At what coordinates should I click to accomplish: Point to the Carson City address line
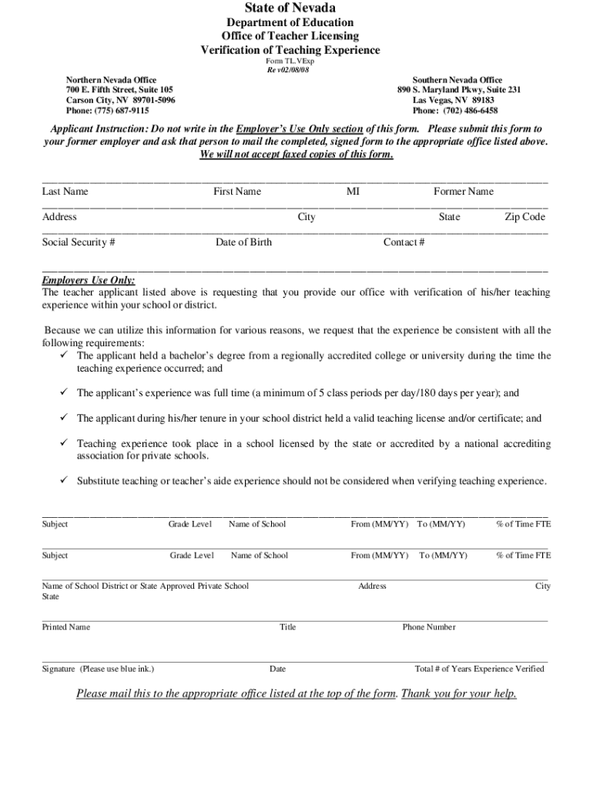coord(120,100)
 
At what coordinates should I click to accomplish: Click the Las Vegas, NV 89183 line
coord(453,100)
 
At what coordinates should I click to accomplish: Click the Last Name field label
coord(65,192)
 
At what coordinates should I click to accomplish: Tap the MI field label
coord(353,192)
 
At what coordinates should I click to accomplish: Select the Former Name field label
coord(464,192)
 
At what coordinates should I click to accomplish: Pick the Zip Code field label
coord(524,217)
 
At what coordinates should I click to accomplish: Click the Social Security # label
coord(79,242)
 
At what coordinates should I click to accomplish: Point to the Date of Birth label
coord(243,242)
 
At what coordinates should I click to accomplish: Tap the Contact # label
coord(404,242)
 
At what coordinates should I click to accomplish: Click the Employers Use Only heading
coord(89,281)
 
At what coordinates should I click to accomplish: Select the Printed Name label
coord(65,627)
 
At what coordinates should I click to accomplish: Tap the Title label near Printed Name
coord(287,627)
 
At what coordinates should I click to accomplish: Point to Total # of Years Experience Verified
coord(479,669)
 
